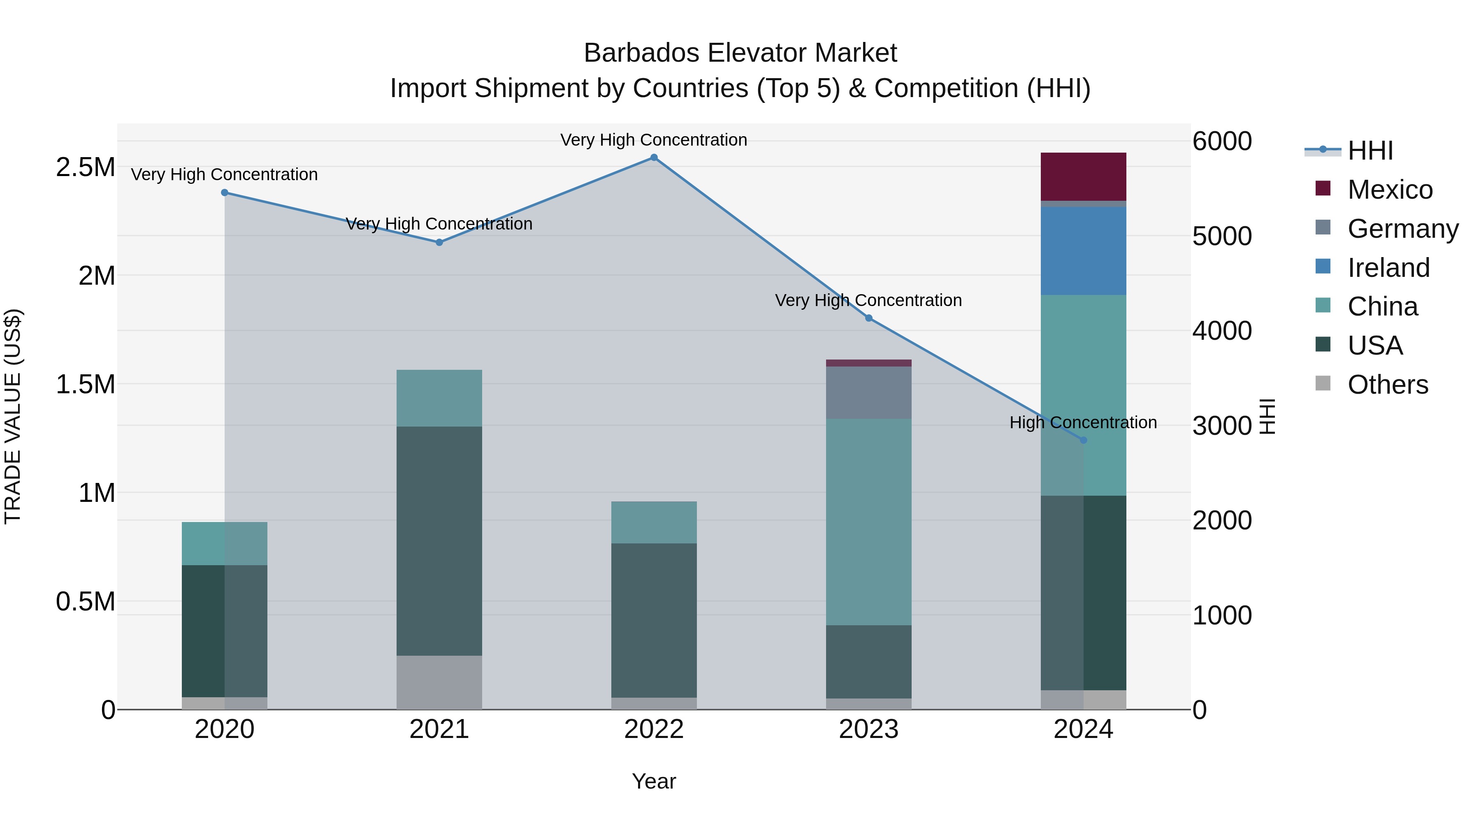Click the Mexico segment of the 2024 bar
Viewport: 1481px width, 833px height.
[1083, 176]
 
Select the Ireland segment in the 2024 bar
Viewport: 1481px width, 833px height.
[1083, 251]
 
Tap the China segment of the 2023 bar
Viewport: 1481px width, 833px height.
[868, 522]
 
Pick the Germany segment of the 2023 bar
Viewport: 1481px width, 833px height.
[868, 393]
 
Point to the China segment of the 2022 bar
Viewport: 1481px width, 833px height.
[654, 522]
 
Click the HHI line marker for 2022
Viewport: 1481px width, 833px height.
[654, 158]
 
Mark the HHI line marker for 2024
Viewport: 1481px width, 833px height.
[1083, 440]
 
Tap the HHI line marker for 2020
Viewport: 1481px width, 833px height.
[225, 193]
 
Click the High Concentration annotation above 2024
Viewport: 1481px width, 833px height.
[1083, 422]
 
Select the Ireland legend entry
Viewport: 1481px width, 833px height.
[1388, 268]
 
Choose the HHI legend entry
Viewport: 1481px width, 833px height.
[1370, 151]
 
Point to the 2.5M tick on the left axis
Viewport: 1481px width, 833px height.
[86, 167]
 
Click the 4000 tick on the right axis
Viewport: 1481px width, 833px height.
[1222, 331]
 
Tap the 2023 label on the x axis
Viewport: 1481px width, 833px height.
[868, 729]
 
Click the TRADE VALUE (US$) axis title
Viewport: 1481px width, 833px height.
[13, 416]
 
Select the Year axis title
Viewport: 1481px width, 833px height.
[654, 781]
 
